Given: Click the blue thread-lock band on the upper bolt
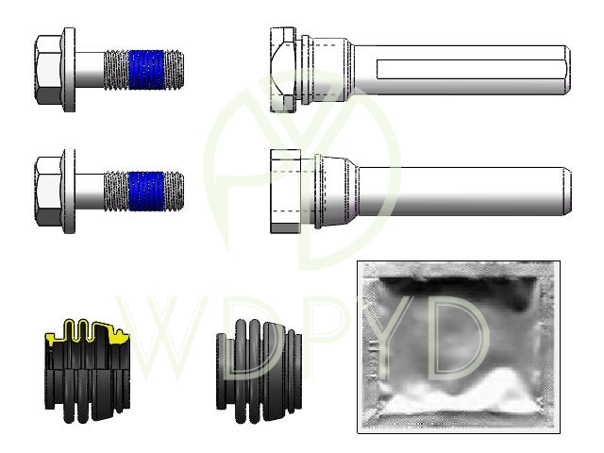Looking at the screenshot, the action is (x=146, y=70).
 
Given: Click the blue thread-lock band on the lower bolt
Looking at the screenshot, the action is (x=146, y=191).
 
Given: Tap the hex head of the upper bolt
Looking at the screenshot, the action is (x=48, y=70).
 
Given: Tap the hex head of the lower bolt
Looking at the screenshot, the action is (x=48, y=191).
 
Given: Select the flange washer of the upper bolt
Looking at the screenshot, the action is (x=69, y=70).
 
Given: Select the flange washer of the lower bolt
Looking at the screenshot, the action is (x=69, y=191).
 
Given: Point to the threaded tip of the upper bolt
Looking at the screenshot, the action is (x=174, y=70).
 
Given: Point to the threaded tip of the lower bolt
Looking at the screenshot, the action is (x=174, y=191).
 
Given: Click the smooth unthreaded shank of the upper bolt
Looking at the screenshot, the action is (x=90, y=70).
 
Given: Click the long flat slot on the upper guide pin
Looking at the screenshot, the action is (x=471, y=69).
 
